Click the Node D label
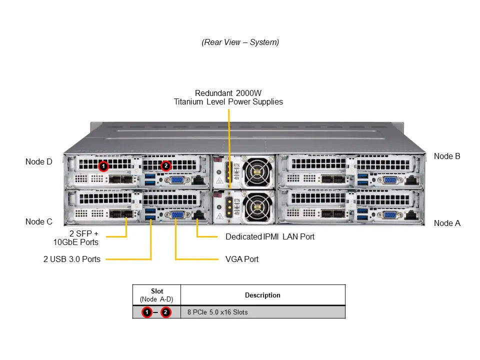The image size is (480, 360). click(x=39, y=161)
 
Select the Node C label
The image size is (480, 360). click(x=39, y=221)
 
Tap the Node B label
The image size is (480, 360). click(x=447, y=156)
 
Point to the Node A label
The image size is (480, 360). click(x=447, y=223)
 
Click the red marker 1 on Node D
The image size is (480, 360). click(x=103, y=165)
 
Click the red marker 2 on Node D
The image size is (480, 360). click(x=166, y=165)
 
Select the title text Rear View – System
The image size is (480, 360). click(x=240, y=42)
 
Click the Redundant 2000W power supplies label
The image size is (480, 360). click(x=228, y=97)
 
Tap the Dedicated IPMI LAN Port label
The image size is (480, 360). click(x=270, y=236)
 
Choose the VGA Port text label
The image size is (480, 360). click(x=242, y=259)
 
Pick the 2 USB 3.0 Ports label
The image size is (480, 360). click(x=71, y=259)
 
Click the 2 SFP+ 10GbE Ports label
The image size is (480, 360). click(x=76, y=237)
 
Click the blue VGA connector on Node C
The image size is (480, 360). click(x=176, y=215)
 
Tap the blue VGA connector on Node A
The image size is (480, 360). click(x=391, y=215)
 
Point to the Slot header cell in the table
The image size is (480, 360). click(x=156, y=295)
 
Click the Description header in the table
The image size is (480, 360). click(x=262, y=295)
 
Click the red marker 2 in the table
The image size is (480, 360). click(x=166, y=312)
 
